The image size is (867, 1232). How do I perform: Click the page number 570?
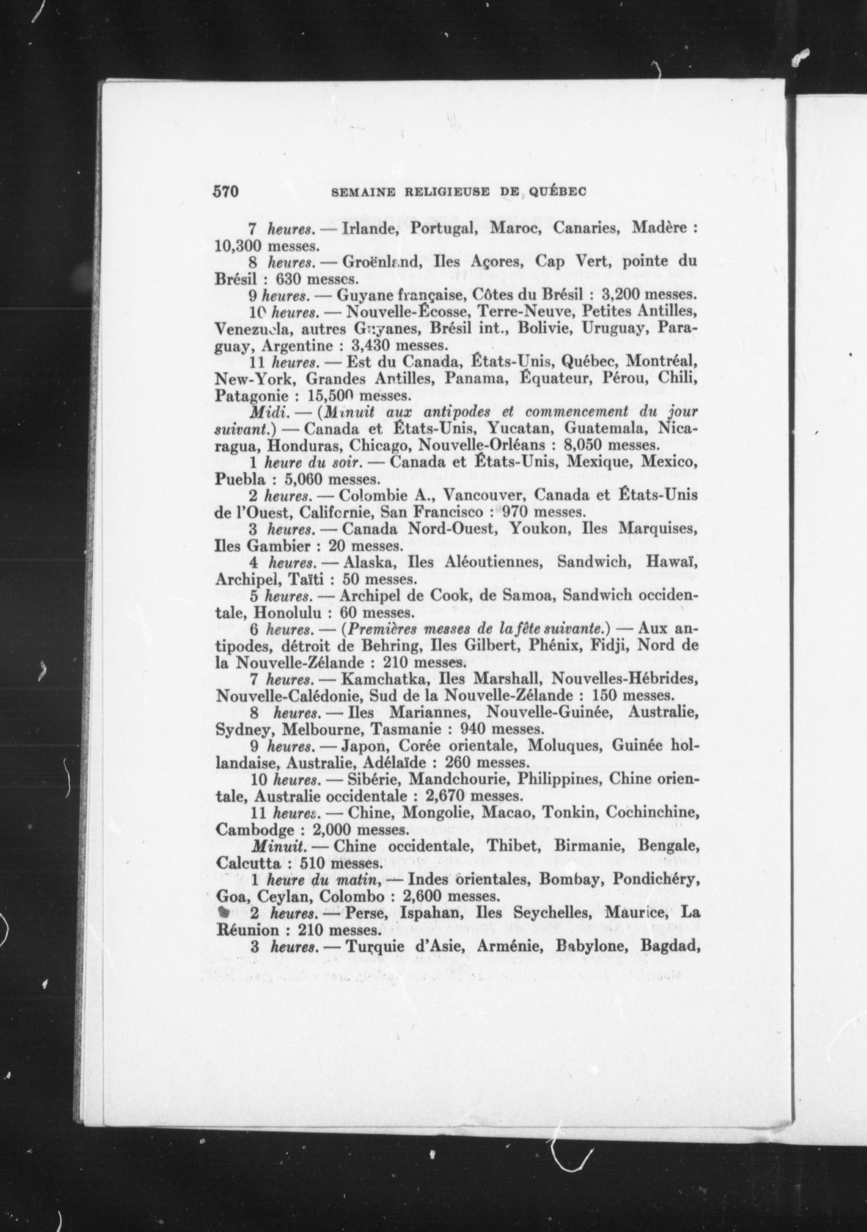coord(226,191)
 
